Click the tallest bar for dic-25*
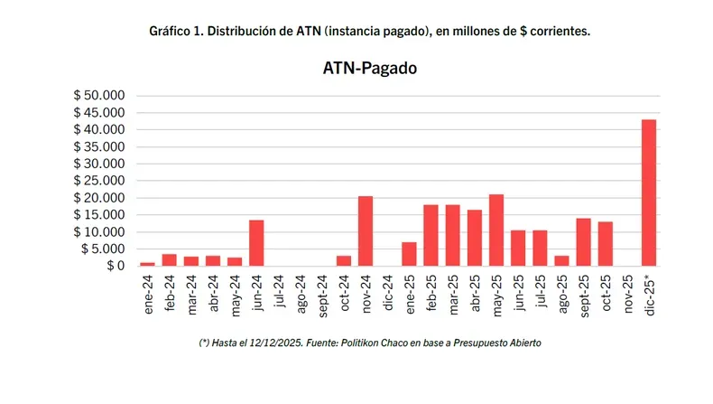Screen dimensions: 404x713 click(648, 193)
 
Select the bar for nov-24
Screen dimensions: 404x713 click(365, 231)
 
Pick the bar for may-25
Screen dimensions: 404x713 click(495, 230)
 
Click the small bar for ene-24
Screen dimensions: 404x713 click(147, 264)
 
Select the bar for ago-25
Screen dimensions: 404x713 click(561, 260)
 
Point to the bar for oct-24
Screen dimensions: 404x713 click(343, 260)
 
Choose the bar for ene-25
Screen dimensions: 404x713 click(409, 254)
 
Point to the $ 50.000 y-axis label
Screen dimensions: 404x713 click(101, 96)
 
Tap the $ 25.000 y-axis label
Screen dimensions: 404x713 click(101, 181)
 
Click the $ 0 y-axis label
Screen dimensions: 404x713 click(113, 266)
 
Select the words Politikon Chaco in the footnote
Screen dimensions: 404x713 click(377, 343)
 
